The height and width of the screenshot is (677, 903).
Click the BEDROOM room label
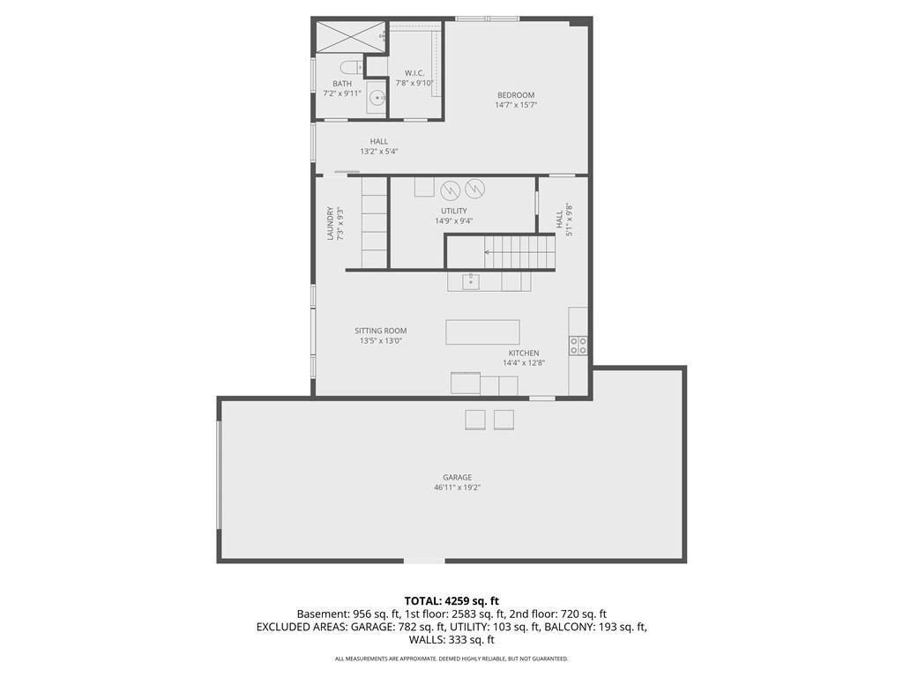point(516,95)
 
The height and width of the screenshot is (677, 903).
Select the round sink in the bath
point(376,97)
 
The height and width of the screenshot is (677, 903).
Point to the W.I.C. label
point(414,72)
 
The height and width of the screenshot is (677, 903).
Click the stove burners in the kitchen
point(578,345)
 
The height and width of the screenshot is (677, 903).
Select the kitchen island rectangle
point(482,331)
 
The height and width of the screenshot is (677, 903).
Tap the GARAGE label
point(457,478)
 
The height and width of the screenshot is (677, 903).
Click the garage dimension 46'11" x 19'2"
point(457,487)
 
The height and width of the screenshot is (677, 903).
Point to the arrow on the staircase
point(489,253)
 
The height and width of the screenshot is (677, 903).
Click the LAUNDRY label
point(331,223)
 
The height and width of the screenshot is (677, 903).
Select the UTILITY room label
point(454,211)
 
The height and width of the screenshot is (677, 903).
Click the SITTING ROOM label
point(381,331)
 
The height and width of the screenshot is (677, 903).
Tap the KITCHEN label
point(523,353)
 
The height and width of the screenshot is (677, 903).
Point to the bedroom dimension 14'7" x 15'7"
point(516,105)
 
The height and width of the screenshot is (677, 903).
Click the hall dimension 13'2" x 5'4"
point(379,152)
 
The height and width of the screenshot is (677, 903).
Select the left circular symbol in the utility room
point(450,189)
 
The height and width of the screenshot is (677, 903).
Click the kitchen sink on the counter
point(471,281)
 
